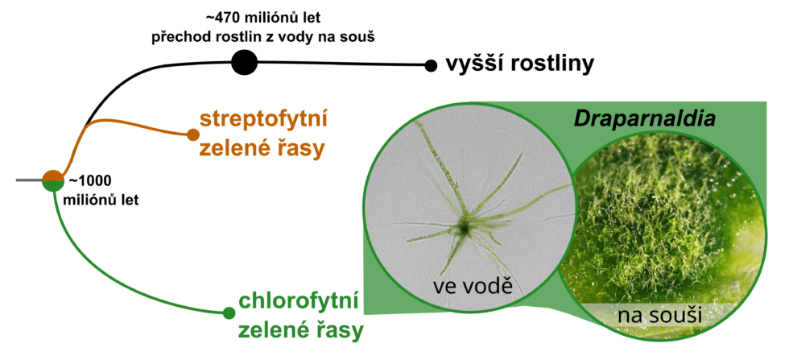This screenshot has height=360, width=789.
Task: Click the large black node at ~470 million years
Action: pyautogui.click(x=245, y=63)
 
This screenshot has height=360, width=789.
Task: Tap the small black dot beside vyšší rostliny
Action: pyautogui.click(x=431, y=65)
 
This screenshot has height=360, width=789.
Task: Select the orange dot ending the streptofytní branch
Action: pyautogui.click(x=192, y=134)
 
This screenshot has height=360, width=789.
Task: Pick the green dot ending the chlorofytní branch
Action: pyautogui.click(x=229, y=313)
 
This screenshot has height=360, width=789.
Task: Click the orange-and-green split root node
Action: pyautogui.click(x=53, y=180)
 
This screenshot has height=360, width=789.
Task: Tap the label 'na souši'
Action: pyautogui.click(x=659, y=317)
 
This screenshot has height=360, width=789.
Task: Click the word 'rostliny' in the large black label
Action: pyautogui.click(x=551, y=65)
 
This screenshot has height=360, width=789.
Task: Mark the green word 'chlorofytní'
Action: pyautogui.click(x=299, y=302)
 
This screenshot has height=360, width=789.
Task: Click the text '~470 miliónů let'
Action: pyautogui.click(x=263, y=19)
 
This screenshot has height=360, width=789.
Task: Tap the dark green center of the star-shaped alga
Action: pyautogui.click(x=463, y=229)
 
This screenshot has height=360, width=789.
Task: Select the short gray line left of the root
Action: pyautogui.click(x=29, y=180)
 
